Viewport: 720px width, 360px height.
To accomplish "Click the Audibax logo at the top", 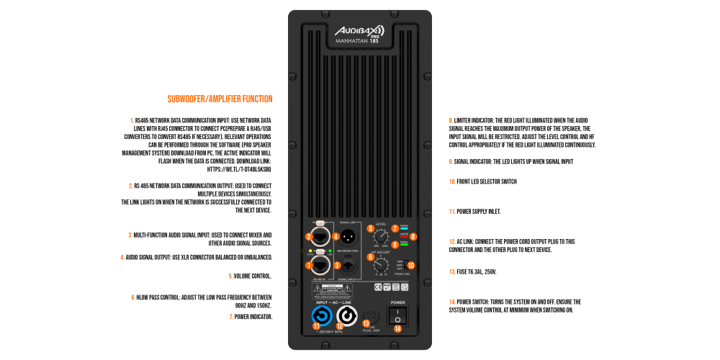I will tap(359, 31).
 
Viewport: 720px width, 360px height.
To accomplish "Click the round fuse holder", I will tap(372, 315).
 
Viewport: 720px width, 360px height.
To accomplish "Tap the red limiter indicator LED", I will tap(405, 235).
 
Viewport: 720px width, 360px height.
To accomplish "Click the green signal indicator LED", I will tap(405, 244).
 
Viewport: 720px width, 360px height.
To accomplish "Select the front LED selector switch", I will tap(404, 264).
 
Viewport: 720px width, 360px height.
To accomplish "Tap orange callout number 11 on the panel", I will tap(315, 326).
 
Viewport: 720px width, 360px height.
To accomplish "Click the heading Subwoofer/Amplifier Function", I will tap(220, 99).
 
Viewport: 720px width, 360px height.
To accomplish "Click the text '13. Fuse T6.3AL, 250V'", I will tap(472, 272).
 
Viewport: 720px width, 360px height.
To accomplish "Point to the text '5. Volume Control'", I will tap(250, 276).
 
